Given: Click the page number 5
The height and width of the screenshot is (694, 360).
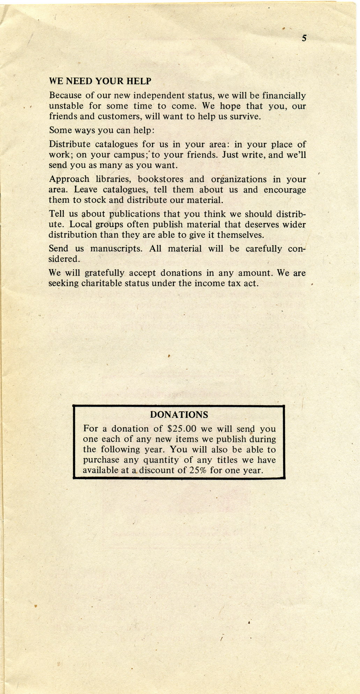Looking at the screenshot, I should [x=304, y=38].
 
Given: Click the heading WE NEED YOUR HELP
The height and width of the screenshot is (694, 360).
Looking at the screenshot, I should [x=100, y=81].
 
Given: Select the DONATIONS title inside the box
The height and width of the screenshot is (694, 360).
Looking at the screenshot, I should [x=179, y=415].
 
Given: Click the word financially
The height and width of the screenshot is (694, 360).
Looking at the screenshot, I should [x=284, y=96].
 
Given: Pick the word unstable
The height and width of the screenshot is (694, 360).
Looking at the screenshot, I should [x=66, y=106].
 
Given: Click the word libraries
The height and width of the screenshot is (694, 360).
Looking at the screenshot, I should [x=113, y=180].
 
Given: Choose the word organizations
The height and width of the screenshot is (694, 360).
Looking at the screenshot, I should [x=238, y=180].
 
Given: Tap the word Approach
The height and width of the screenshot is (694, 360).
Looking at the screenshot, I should [x=69, y=180].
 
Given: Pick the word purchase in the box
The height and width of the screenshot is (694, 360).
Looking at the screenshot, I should [x=101, y=460].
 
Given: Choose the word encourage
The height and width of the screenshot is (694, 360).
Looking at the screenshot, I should [x=285, y=190].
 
